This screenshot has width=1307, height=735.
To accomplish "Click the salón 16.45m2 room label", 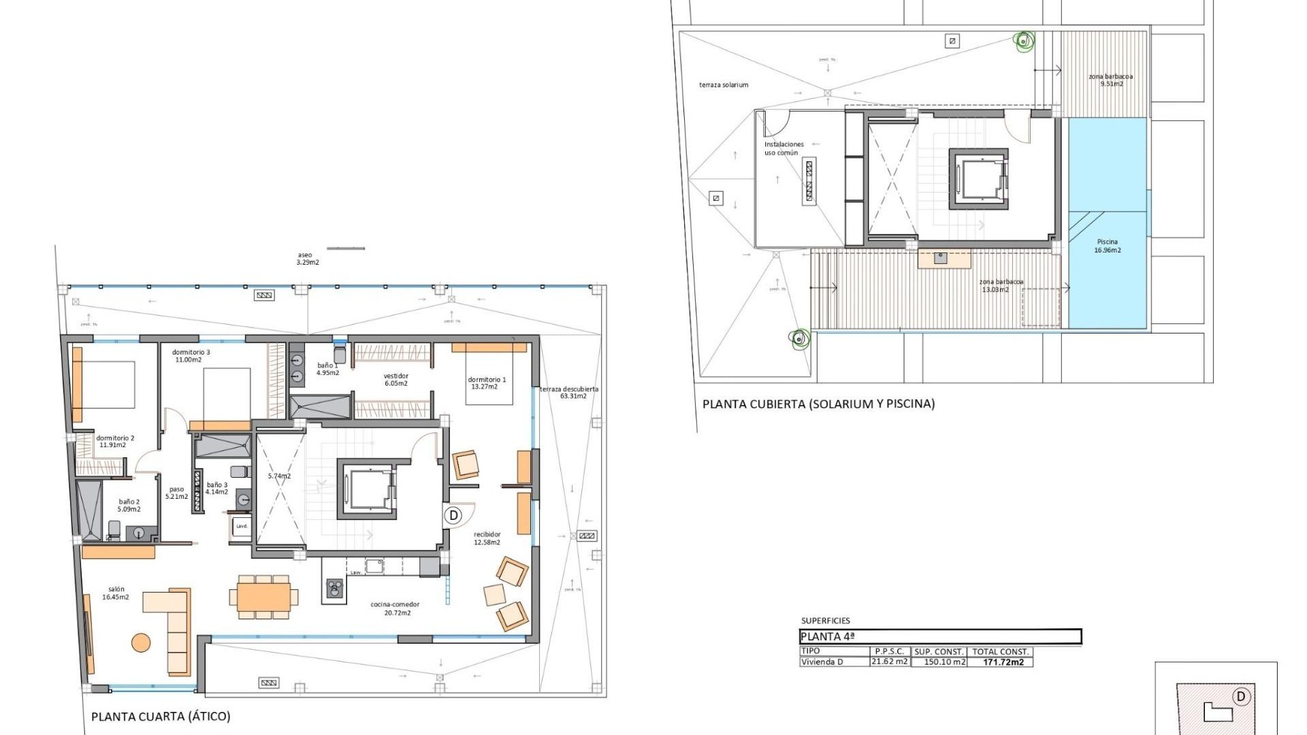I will coord(116,593).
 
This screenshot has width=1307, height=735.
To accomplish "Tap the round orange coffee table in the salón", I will coord(141,642).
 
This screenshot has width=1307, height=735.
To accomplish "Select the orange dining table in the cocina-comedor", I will coord(264,597).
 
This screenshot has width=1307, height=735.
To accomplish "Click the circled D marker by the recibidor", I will coord(454,515).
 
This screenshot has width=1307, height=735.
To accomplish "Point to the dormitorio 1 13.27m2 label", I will coord(486,383).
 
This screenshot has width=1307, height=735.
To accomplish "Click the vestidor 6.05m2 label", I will coord(396,380).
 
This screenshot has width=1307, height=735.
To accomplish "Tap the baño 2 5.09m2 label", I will coord(129,506).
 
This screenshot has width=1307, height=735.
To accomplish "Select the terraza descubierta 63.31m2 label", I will coord(569,393).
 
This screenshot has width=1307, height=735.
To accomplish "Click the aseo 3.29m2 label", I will coord(307,259).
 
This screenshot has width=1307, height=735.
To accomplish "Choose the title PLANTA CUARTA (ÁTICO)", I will coord(161,716).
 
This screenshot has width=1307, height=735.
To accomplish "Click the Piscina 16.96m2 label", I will coord(1107,246).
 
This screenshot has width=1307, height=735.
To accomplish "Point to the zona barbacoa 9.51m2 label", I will coord(1110,80).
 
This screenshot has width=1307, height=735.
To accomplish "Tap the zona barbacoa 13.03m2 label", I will coord(1000,286).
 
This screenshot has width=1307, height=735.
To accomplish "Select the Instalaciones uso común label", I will coord(783,148).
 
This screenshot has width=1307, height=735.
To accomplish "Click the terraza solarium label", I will coord(723,85).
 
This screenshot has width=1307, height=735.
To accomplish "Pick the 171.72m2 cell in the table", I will coord(1003,662).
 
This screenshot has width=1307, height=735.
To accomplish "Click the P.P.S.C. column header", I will coord(889,651).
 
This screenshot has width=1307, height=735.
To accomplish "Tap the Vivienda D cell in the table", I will coord(822,662).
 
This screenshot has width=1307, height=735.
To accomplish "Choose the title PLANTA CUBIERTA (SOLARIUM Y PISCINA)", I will coord(818,404).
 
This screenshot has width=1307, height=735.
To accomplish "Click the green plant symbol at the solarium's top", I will coord(1023,42).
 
